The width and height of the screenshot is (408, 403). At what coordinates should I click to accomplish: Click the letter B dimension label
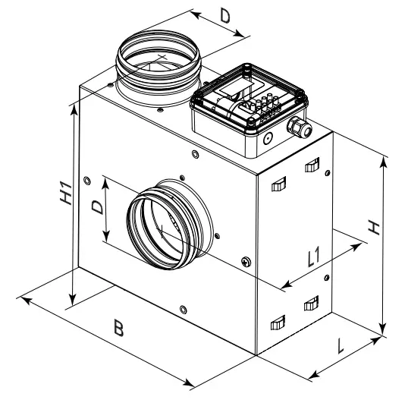click(x=119, y=329)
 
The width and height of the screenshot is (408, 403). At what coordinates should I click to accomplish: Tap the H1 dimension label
click(x=66, y=194)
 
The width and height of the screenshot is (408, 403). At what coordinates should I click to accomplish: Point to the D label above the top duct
click(x=225, y=15)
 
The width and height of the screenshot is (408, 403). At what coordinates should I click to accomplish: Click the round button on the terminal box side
click(x=267, y=139)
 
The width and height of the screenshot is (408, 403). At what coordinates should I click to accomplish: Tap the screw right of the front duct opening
click(x=244, y=262)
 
